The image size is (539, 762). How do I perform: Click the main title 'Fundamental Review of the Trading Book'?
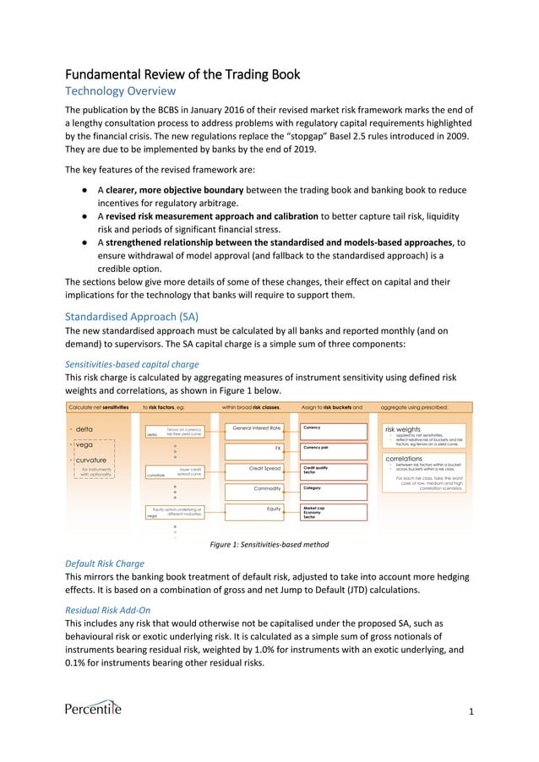[182, 74]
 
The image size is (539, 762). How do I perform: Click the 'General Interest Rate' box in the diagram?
[257, 428]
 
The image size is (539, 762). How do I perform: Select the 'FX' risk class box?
[257, 448]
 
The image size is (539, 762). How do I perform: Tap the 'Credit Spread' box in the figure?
[257, 468]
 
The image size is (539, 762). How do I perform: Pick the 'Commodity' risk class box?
[257, 488]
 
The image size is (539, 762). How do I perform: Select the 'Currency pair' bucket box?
[335, 448]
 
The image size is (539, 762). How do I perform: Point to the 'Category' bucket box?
[335, 488]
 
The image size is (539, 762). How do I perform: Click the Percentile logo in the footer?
[93, 708]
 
